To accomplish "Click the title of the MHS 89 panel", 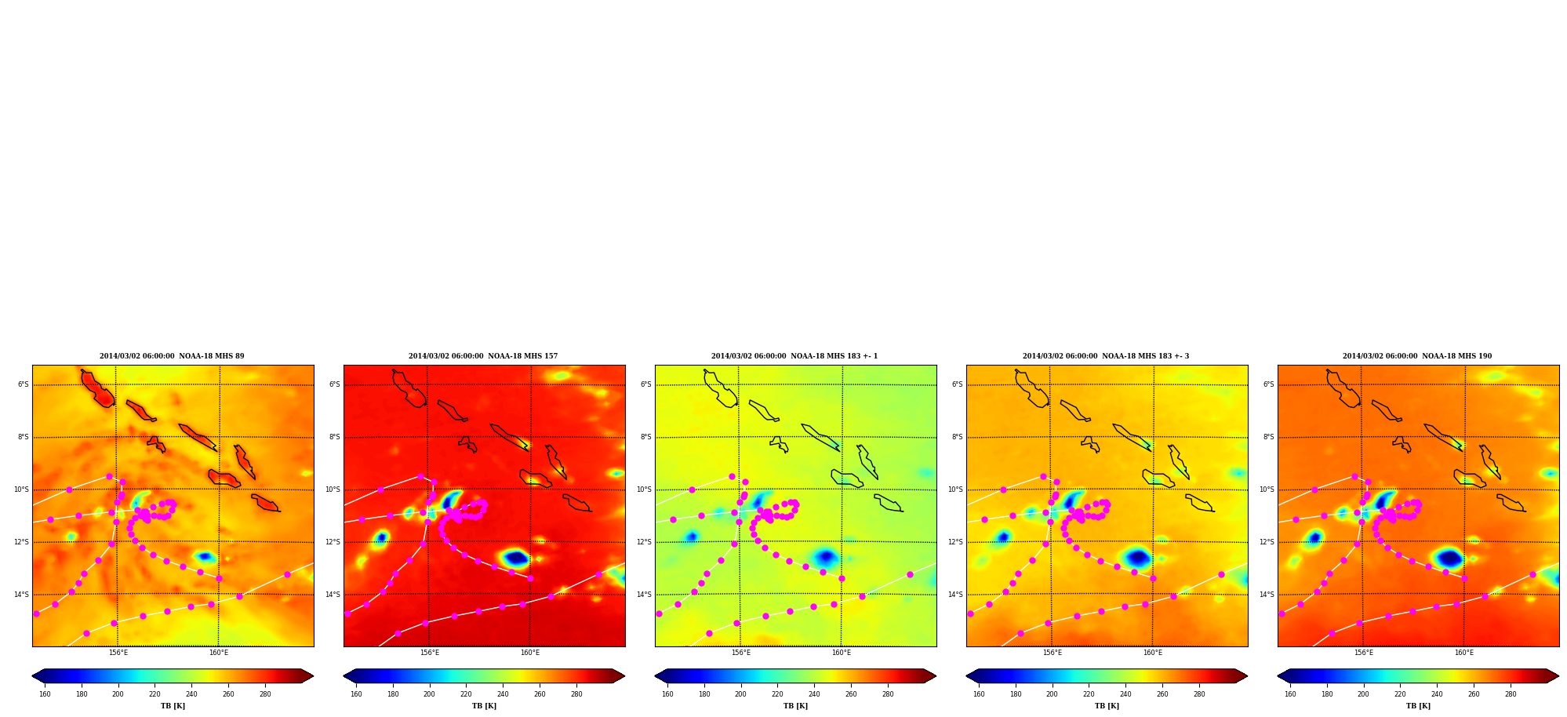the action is coord(172,356).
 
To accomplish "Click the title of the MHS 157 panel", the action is coord(483,356).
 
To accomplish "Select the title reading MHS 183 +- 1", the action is coord(794,356).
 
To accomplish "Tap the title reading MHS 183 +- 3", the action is coord(1106,356).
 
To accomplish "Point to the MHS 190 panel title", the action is coord(1417,356).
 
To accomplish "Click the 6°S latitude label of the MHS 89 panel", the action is coord(24,384).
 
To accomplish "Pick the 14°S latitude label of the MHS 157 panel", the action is coord(333,595).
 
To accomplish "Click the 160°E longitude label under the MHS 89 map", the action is coord(219,653).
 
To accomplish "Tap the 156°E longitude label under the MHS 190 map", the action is coord(1364,653).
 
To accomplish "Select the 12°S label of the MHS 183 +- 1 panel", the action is coord(644,542).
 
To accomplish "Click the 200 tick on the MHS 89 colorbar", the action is coord(118,694).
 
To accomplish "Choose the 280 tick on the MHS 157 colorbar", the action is coord(576,694).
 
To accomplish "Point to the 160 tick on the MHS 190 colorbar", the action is coord(1290,694).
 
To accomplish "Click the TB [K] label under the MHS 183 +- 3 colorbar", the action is coord(1107,706).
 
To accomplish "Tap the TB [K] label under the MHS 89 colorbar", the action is coord(173,706).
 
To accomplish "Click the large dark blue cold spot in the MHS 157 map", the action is coord(515,558).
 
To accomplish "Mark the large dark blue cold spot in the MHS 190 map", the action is coord(1449,558).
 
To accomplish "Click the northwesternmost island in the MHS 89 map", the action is coord(97,388).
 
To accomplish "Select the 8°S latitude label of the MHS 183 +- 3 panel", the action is coord(954,437).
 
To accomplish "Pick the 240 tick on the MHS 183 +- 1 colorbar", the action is coord(814,694).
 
